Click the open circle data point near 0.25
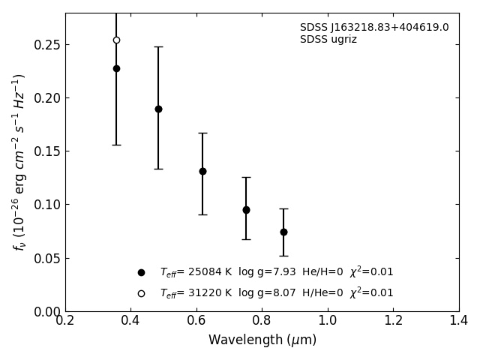coord(116,40)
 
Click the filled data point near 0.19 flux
coord(158,109)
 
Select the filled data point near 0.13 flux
coord(202,171)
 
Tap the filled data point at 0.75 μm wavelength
coord(246,210)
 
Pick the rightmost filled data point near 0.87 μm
coord(283,232)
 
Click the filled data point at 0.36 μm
coord(116,68)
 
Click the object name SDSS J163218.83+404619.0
coord(374,28)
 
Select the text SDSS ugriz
coord(328,40)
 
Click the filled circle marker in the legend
coord(141,273)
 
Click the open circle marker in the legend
coord(141,293)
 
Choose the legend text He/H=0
coord(322,272)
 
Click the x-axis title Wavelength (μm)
coord(262,340)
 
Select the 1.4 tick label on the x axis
coord(459,321)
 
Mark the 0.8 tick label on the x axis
coord(262,321)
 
